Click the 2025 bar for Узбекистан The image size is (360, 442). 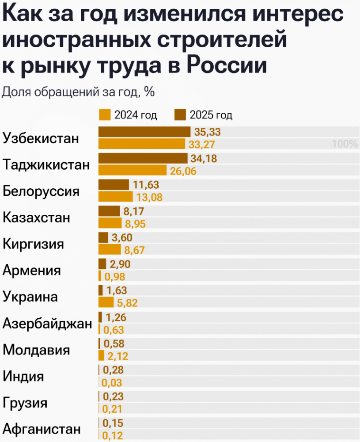[x=144, y=132]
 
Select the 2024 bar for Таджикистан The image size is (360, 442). [x=132, y=170]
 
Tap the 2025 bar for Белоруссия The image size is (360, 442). [x=114, y=185]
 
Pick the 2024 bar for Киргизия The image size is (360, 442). [x=110, y=250]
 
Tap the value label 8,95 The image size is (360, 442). [x=135, y=224]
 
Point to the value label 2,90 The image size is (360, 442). [x=121, y=264]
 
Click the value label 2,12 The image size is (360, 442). [x=118, y=356]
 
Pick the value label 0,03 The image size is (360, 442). [x=112, y=383]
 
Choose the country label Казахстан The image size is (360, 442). [x=36, y=218]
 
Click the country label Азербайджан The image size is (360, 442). [x=47, y=324]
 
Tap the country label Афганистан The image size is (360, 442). [x=42, y=429]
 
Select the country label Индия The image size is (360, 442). [x=23, y=377]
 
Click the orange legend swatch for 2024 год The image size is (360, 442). [x=105, y=115]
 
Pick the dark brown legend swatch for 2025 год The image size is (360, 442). [x=180, y=115]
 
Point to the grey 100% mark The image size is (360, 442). [x=345, y=144]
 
